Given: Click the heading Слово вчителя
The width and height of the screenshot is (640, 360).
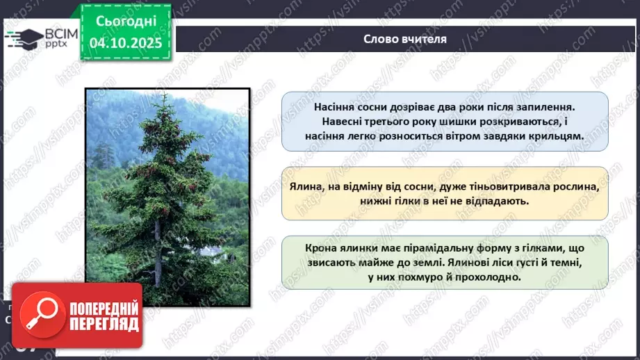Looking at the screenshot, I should click(x=404, y=39).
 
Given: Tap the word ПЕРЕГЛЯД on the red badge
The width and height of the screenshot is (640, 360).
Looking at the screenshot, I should click(x=97, y=324).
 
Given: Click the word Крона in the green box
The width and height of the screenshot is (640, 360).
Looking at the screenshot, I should click(x=320, y=249).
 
